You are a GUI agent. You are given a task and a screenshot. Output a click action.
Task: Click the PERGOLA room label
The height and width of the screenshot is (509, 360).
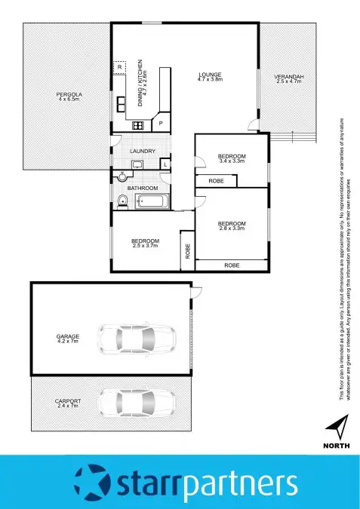[69, 94]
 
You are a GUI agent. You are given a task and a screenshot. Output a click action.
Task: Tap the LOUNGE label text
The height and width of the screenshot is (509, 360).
[209, 74]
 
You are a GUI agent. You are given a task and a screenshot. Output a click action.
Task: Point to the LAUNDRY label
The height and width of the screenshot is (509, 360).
[143, 152]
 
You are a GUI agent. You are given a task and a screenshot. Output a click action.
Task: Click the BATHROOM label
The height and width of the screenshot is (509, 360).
[142, 187]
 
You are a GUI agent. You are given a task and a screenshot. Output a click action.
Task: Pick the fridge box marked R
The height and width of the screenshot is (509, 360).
[120, 68]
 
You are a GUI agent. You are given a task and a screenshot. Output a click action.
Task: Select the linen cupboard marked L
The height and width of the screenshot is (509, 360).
[165, 164]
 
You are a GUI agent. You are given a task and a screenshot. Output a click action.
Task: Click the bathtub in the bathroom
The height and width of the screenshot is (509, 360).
[153, 201]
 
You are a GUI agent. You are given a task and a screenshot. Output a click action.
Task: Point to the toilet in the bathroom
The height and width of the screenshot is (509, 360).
[122, 200]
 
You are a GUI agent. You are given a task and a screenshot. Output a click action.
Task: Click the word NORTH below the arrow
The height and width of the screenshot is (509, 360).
[337, 446]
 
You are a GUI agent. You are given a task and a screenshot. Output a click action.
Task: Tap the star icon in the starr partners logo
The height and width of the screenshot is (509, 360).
[91, 482]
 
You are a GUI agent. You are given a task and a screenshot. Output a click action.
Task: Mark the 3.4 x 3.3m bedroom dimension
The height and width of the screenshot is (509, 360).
[232, 161]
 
